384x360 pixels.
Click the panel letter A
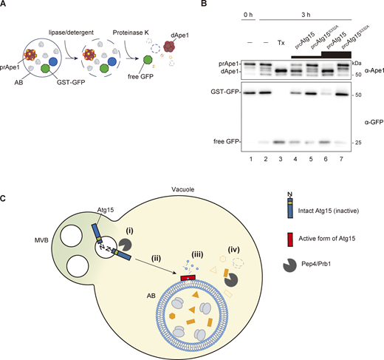[x=6, y=5]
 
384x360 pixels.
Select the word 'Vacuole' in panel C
[x=176, y=211]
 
